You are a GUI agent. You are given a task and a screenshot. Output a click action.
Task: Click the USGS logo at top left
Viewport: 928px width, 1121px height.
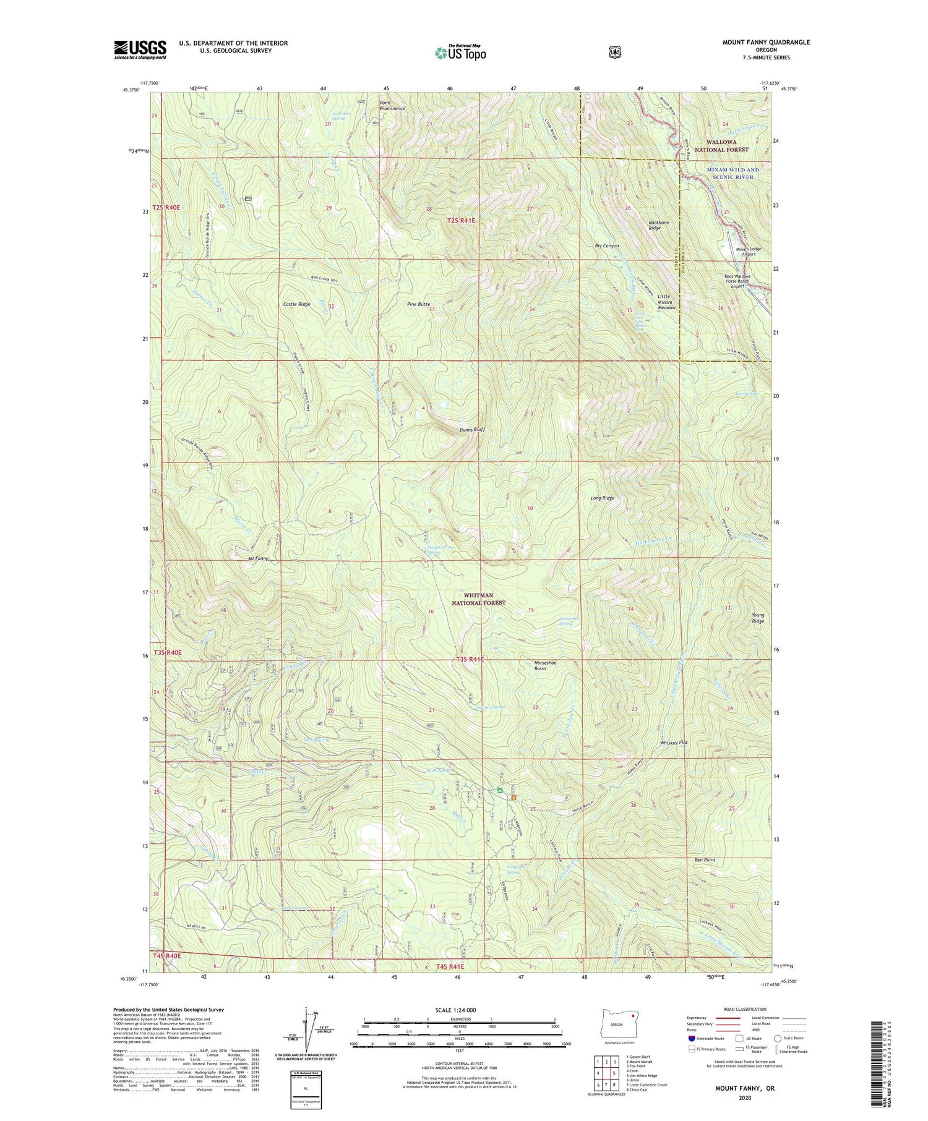[140, 49]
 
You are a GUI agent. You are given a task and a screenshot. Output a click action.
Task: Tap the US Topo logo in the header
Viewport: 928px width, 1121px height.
[460, 53]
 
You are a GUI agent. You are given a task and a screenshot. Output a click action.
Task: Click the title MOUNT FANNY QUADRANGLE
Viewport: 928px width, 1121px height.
[766, 42]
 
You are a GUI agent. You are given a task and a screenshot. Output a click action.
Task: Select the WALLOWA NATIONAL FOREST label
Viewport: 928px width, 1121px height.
[721, 146]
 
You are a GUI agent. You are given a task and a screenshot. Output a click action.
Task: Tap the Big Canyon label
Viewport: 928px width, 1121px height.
[606, 246]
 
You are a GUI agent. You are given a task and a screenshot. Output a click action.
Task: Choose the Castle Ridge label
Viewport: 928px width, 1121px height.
[296, 305]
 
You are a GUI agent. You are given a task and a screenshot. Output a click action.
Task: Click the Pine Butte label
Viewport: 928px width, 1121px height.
[418, 304]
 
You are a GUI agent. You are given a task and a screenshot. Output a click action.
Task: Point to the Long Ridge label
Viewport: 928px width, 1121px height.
[602, 498]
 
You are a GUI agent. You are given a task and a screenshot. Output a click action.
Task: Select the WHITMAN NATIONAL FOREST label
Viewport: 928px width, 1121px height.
[478, 599]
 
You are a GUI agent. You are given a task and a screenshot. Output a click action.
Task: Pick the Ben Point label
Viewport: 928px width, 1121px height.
[705, 860]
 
